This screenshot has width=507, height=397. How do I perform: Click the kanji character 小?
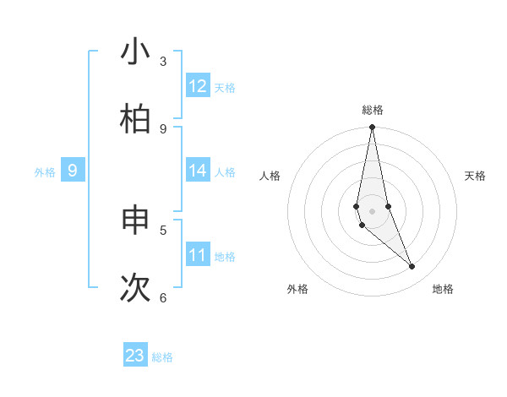(135, 52)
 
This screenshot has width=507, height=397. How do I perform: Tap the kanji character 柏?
(135, 119)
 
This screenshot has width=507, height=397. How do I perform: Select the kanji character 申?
(135, 220)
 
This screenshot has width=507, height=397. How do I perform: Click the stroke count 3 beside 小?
(163, 61)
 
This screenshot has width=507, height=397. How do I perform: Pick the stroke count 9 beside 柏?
(163, 128)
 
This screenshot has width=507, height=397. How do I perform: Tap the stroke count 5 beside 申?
(163, 230)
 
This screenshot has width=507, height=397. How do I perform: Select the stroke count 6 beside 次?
(163, 297)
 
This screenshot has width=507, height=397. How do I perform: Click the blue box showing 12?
(198, 86)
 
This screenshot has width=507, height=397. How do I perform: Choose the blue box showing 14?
(198, 171)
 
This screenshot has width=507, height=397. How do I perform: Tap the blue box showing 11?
(198, 255)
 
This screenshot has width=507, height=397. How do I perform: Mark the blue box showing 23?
(135, 356)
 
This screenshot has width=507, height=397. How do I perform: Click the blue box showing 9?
(73, 171)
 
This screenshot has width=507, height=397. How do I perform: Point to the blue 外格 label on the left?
(45, 172)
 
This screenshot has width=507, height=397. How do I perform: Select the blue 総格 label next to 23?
(162, 357)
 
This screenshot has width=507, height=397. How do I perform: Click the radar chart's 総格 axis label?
(373, 110)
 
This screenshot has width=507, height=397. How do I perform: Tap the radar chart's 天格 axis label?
(476, 176)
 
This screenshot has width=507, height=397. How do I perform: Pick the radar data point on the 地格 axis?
(412, 266)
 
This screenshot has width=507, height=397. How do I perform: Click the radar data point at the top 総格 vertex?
(372, 128)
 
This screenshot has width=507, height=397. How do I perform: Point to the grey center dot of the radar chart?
(372, 211)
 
